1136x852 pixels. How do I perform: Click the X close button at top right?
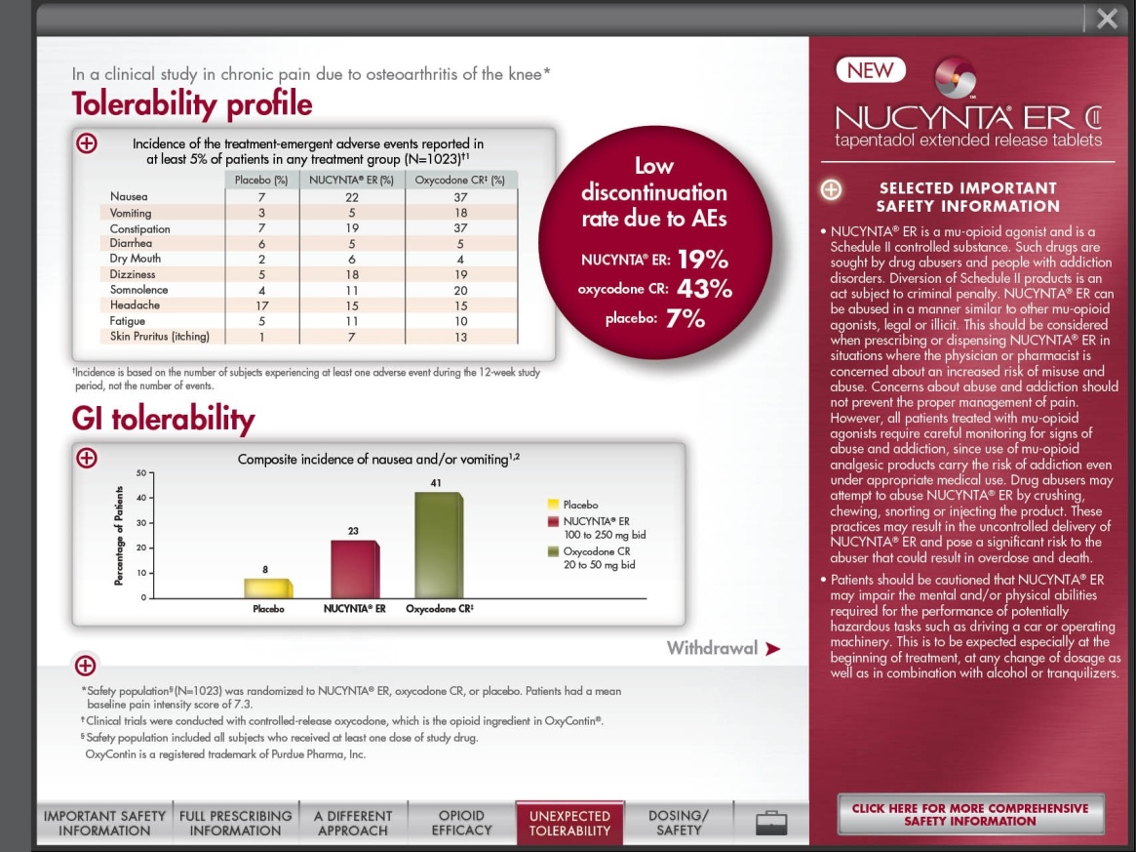pyautogui.click(x=1107, y=19)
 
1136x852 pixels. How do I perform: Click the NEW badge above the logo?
pyautogui.click(x=870, y=70)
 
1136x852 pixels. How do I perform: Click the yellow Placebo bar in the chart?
pyautogui.click(x=267, y=588)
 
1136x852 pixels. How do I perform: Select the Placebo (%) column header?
pyautogui.click(x=261, y=180)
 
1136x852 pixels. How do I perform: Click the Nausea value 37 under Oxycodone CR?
pyautogui.click(x=460, y=197)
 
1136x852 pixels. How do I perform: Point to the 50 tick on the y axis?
pyautogui.click(x=141, y=472)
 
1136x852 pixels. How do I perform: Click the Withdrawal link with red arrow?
pyautogui.click(x=723, y=648)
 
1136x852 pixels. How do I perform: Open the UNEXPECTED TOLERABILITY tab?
pyautogui.click(x=569, y=823)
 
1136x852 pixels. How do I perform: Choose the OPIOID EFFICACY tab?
pyautogui.click(x=461, y=823)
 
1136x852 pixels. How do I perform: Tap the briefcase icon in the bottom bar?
pyautogui.click(x=771, y=823)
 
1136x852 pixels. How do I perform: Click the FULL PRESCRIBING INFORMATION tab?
pyautogui.click(x=235, y=823)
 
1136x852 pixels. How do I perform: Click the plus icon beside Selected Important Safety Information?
pyautogui.click(x=831, y=189)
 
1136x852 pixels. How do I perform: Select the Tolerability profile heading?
pyautogui.click(x=192, y=104)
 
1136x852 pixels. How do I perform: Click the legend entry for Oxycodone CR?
pyautogui.click(x=597, y=558)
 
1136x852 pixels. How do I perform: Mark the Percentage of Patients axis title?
pyautogui.click(x=119, y=535)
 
